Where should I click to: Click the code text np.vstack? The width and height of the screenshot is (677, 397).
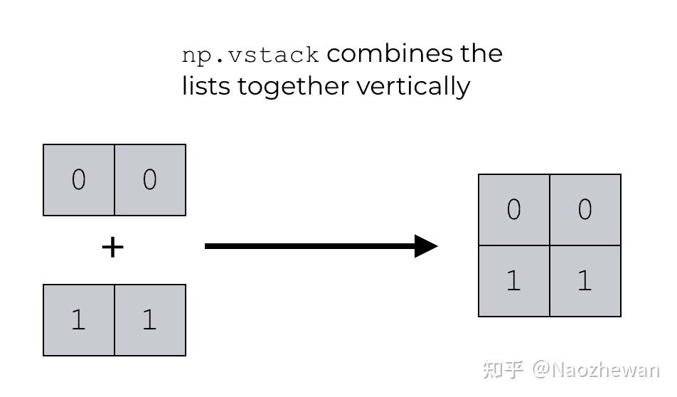(250, 55)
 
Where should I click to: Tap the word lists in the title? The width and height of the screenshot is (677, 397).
(206, 87)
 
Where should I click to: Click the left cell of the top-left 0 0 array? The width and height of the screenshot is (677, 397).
(79, 180)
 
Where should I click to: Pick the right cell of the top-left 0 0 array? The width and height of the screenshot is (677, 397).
(150, 180)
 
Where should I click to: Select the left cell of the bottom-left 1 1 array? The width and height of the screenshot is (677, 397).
(79, 320)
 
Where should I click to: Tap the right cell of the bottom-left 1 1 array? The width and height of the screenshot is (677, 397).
(150, 320)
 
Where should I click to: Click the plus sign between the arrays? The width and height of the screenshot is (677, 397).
(112, 248)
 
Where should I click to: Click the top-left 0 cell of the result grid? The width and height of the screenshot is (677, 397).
(514, 210)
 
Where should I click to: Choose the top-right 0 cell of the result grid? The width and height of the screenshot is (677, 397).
(585, 210)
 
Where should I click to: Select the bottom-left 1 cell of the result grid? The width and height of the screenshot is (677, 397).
(514, 281)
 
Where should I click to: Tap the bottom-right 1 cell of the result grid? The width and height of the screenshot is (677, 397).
(585, 281)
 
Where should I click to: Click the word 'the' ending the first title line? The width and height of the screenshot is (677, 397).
(481, 54)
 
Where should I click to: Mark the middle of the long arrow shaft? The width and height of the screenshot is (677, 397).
(310, 246)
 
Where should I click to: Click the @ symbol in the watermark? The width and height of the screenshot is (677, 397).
(541, 370)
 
